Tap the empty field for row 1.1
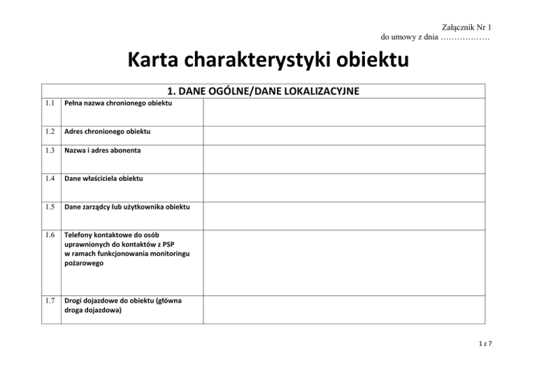coord(344,112)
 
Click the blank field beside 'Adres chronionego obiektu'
coord(344,135)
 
